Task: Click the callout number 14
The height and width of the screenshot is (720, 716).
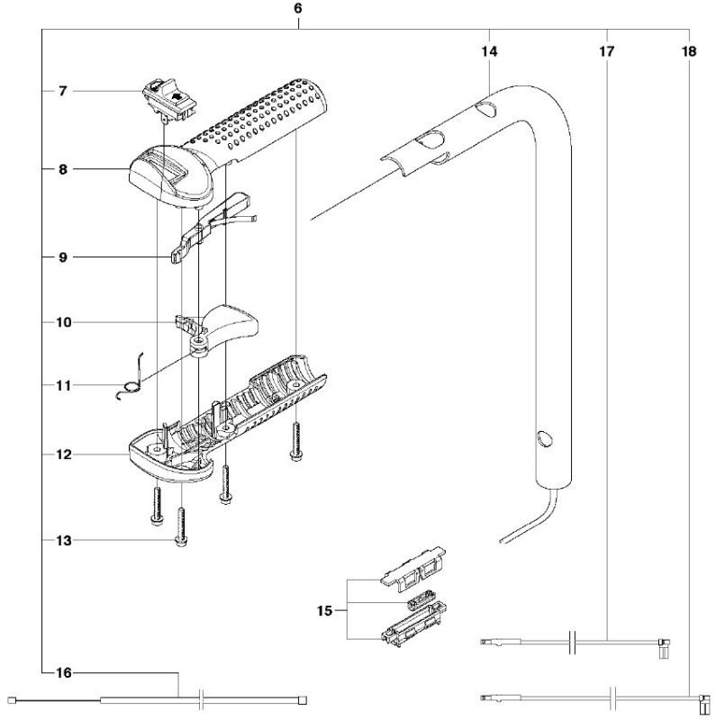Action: (489, 52)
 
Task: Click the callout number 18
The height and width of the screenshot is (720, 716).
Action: (688, 52)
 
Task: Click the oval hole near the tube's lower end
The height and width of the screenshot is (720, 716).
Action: (542, 438)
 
